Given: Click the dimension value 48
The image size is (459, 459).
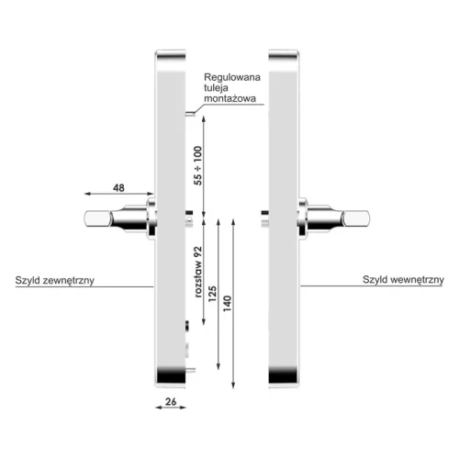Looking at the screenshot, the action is point(118,187).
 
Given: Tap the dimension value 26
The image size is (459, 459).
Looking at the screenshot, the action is point(171,401).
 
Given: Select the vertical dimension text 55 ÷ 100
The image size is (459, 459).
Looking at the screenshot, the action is point(198,165).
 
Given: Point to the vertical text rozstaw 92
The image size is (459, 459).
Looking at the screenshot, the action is point(198,272).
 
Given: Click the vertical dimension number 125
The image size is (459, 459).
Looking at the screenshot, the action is point(212,294).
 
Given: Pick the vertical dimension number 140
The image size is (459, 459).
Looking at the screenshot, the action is point(227,304).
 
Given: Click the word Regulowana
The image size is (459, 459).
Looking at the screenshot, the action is point(232,77).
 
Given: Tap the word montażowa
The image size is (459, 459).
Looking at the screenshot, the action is point(229,98).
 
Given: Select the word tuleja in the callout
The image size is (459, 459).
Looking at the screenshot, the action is point(216,88).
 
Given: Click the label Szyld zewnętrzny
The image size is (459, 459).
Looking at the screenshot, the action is point(55,280).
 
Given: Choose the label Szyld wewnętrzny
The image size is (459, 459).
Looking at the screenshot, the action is point(403,280).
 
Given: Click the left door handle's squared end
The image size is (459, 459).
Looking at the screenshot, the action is point(97,219).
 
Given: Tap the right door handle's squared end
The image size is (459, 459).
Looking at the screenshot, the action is point(356,219).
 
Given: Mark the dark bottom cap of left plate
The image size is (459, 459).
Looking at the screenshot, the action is point(171,375).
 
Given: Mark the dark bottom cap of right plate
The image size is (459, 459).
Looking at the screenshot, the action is point(283,375).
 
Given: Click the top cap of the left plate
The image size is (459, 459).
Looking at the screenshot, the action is point(171,56).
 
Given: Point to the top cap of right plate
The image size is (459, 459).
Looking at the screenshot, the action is point(284,56).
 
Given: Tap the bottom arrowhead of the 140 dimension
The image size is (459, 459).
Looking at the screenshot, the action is point(233,385).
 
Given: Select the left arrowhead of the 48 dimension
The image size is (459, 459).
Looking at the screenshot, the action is point(87,194).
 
